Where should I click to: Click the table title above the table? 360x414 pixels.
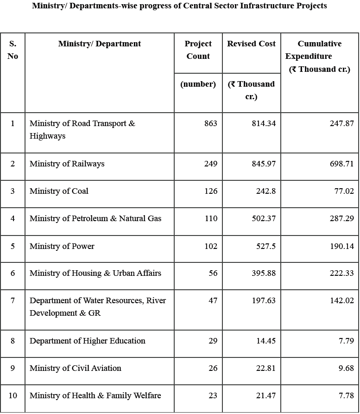(x=179, y=6)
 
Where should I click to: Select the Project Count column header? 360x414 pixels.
(x=198, y=50)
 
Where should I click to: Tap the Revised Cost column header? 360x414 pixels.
(x=251, y=44)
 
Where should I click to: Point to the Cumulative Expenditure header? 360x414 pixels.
(x=319, y=56)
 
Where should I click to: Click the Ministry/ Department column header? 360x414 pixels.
(x=100, y=44)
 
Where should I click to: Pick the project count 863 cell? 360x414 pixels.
(x=210, y=124)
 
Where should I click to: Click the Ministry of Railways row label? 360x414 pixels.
(x=67, y=164)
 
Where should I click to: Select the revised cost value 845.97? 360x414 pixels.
(x=263, y=164)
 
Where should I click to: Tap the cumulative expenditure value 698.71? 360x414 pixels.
(x=341, y=164)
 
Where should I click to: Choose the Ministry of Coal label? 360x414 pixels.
(x=59, y=191)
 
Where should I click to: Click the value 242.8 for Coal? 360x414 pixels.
(x=266, y=191)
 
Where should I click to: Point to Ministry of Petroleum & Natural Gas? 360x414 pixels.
(x=95, y=218)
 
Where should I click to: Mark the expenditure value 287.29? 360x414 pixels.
(x=341, y=218)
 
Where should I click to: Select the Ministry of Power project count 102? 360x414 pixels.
(x=210, y=246)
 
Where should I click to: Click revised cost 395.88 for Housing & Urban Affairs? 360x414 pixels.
(x=263, y=273)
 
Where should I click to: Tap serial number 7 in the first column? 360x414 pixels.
(x=13, y=300)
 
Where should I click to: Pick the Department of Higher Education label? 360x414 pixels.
(x=87, y=341)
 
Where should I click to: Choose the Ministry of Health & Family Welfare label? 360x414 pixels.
(x=95, y=395)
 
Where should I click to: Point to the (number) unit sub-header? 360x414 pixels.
(x=198, y=84)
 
